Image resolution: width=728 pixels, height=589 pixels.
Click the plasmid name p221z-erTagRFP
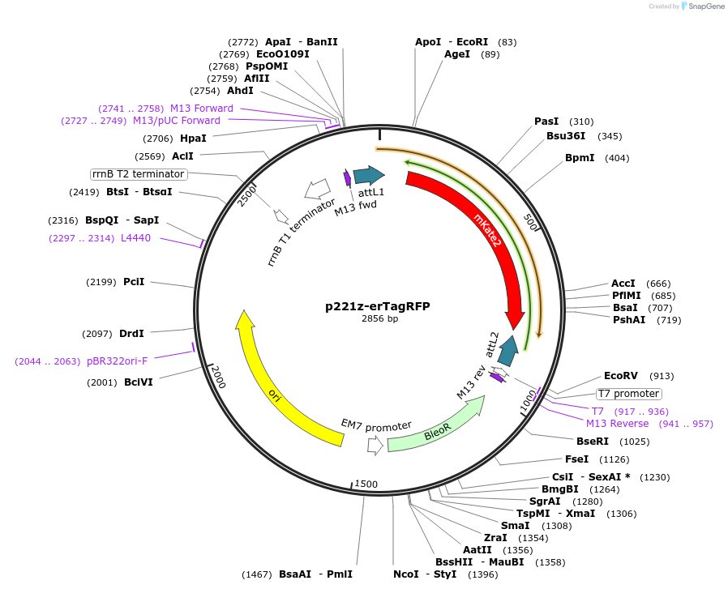(378, 306)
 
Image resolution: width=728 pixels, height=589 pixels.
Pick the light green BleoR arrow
(430, 429)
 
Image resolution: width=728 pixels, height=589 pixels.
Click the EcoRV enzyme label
(621, 376)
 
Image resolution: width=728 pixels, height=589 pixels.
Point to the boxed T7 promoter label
(628, 394)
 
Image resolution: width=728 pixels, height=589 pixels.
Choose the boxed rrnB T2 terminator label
(139, 174)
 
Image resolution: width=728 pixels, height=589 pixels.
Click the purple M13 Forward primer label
(202, 109)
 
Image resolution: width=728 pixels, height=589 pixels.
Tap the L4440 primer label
(135, 238)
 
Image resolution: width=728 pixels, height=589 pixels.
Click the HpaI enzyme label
(193, 139)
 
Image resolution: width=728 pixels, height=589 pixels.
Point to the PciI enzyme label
(134, 282)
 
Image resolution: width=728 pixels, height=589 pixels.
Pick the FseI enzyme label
(576, 459)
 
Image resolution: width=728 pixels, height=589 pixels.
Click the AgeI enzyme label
(457, 54)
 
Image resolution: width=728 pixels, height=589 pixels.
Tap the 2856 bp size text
(379, 319)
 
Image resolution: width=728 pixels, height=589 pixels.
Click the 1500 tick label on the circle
(366, 484)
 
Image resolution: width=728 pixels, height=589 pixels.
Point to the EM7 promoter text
(376, 426)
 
